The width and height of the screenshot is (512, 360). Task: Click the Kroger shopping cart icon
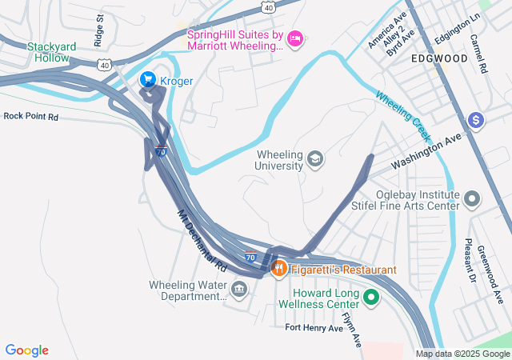pyautogui.click(x=148, y=79)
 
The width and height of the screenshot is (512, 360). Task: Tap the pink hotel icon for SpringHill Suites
pyautogui.click(x=294, y=38)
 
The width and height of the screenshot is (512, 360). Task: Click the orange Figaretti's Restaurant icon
pyautogui.click(x=279, y=269)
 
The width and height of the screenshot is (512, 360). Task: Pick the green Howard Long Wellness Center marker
pyautogui.click(x=370, y=298)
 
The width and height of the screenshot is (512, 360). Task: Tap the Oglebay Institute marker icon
pyautogui.click(x=472, y=197)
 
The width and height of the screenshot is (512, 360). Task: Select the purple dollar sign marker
pyautogui.click(x=476, y=120)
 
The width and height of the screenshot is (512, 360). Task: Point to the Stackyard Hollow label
pyautogui.click(x=52, y=52)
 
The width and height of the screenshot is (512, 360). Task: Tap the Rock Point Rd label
pyautogui.click(x=30, y=116)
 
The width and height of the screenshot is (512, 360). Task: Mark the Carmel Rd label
pyautogui.click(x=478, y=54)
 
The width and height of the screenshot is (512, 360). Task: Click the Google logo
pyautogui.click(x=26, y=350)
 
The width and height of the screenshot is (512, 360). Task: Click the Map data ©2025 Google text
pyautogui.click(x=462, y=354)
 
